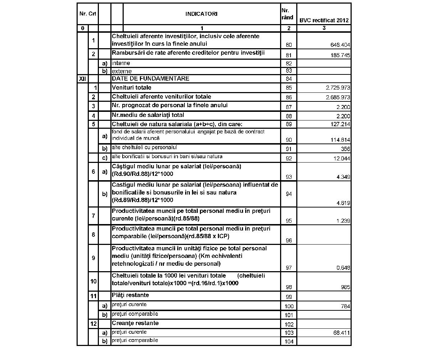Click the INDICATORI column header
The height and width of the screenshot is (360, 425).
201,14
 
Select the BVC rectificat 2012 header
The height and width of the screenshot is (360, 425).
324,20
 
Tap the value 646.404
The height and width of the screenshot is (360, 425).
340,45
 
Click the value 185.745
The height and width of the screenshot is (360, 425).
340,56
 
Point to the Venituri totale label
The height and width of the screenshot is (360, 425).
132,87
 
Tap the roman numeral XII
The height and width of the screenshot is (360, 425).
82,78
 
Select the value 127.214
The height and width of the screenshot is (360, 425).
340,124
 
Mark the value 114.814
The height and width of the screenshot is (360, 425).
340,140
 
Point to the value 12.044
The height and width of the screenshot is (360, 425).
342,159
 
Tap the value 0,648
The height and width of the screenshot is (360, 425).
343,268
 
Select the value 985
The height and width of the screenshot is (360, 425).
345,287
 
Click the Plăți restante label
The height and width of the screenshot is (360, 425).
130,295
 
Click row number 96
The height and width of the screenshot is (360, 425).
289,241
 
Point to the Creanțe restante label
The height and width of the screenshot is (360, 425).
135,323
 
